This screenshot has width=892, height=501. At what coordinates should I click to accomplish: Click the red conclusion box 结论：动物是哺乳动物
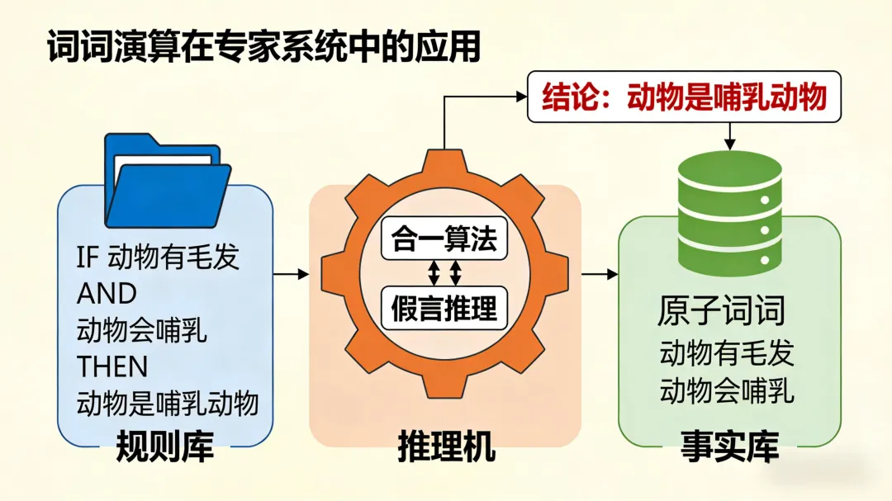coord(684,97)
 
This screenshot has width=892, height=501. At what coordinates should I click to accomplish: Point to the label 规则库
coord(165,447)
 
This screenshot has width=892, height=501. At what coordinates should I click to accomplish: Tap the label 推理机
coord(446,447)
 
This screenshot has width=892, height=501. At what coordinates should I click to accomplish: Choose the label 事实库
coord(729,447)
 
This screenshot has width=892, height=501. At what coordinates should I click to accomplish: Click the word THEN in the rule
coord(112,366)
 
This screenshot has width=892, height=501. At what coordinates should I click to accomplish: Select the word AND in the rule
coord(107,294)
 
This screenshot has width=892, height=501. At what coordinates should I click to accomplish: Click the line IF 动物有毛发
coord(158,258)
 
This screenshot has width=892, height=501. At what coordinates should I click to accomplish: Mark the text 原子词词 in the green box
coord(721,312)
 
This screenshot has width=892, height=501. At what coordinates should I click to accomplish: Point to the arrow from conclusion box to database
coord(729,136)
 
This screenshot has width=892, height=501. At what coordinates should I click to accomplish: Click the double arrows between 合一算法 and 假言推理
coord(444,273)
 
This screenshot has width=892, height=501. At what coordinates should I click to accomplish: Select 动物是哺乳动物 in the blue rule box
coord(168,403)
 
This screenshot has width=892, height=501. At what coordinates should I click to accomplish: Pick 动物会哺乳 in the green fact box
coord(727,390)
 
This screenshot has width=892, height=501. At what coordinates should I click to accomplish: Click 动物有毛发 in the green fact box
coord(727,353)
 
